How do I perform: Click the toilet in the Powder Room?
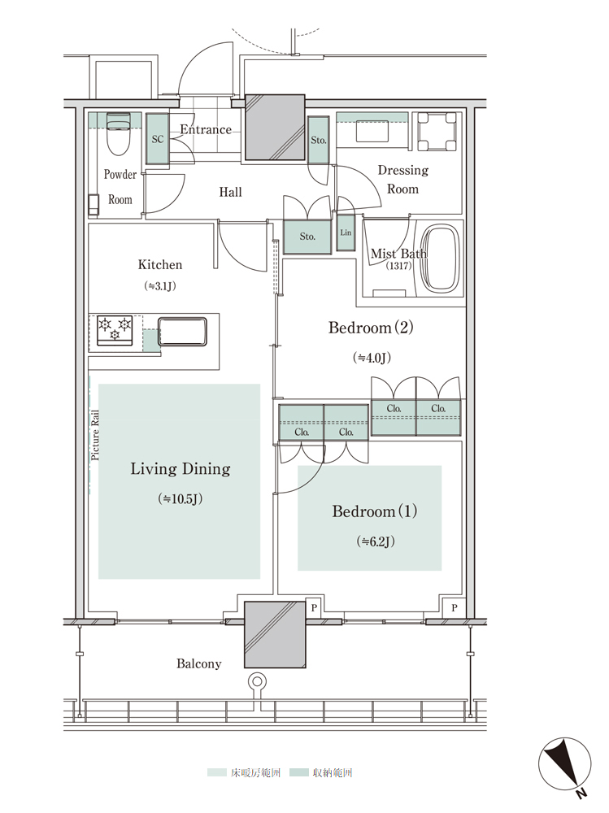coord(118,133)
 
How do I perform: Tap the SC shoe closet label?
coord(158,139)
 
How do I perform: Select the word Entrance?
coord(206,129)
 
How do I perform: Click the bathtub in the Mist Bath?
coord(441,259)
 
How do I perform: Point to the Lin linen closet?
coord(346,233)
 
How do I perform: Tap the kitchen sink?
coord(182,332)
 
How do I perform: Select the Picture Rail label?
coord(95,435)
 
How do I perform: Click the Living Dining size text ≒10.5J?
coord(180,499)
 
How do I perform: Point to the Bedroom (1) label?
coord(375,511)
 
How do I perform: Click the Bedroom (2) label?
coord(371,328)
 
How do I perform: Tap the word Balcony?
coord(198,663)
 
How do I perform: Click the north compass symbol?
coord(565,765)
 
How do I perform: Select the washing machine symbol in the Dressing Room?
coord(437,132)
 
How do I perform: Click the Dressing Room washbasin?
coord(372,131)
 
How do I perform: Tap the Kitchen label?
coord(160,265)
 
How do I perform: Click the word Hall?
coord(230,193)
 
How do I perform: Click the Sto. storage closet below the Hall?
coord(307,237)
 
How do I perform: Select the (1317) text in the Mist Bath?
coord(398,266)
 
